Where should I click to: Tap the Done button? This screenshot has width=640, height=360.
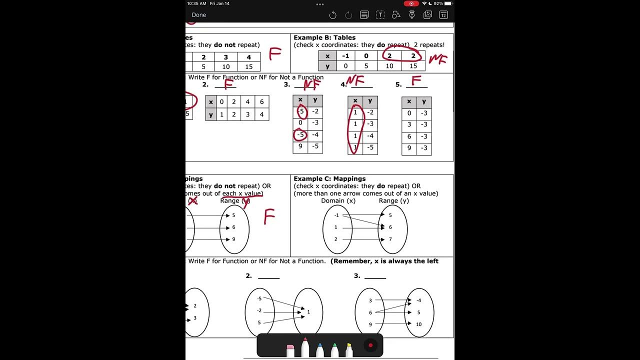[x=199, y=15]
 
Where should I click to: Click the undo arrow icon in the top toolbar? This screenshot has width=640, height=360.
[x=332, y=15]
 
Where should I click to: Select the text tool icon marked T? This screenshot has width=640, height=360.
[x=380, y=15]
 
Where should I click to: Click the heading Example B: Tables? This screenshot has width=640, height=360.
[x=324, y=37]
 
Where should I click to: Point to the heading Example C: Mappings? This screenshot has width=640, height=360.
[x=329, y=178]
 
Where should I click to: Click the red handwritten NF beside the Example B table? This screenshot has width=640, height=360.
[x=437, y=59]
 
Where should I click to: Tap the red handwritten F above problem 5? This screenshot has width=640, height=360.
[x=416, y=80]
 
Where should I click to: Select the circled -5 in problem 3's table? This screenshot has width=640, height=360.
[x=300, y=134]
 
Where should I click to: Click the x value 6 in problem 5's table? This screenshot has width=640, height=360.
[x=409, y=136]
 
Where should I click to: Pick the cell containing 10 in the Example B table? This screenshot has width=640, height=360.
[x=389, y=66]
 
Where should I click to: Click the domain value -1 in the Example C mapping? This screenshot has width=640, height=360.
[x=336, y=215]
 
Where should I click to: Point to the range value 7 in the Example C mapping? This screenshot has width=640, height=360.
[x=390, y=239]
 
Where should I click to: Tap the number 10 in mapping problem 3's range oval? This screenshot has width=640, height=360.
[x=418, y=324]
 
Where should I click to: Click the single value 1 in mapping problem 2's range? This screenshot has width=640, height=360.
[x=308, y=312]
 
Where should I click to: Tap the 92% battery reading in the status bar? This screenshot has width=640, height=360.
[x=437, y=3]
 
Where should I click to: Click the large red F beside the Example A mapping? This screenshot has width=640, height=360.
[x=269, y=217]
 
